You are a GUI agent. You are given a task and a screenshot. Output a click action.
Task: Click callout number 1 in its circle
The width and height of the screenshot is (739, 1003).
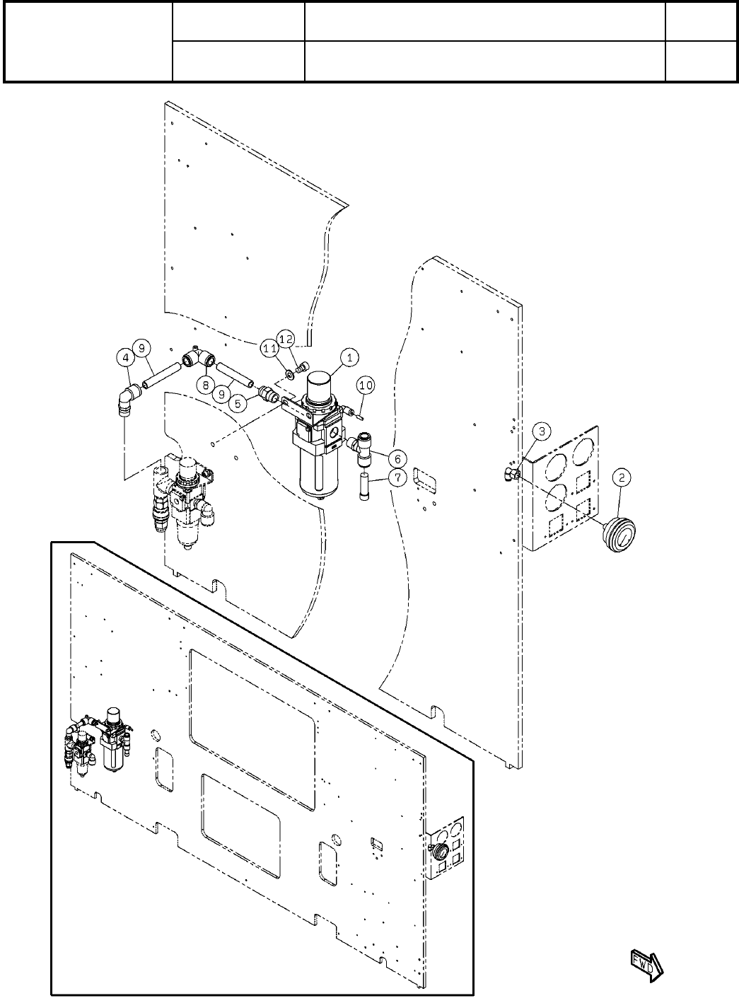click(x=348, y=359)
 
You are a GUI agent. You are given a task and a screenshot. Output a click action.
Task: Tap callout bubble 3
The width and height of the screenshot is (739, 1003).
click(x=541, y=430)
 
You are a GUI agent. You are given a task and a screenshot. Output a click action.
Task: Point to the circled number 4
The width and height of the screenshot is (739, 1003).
click(x=125, y=359)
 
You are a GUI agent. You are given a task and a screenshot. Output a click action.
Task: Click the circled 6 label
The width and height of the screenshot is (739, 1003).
click(x=397, y=458)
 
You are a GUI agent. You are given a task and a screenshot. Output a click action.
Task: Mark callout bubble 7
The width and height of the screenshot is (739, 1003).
click(x=397, y=479)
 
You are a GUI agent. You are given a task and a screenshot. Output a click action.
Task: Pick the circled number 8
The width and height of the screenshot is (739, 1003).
click(x=206, y=385)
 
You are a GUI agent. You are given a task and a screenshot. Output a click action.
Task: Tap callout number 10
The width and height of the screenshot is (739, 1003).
click(x=366, y=385)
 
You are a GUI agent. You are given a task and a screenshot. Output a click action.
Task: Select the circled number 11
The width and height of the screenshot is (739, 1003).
click(x=270, y=347)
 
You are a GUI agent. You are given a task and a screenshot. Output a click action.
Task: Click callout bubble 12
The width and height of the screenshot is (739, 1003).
click(x=286, y=339)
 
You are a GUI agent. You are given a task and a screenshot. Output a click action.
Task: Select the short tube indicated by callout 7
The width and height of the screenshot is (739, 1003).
click(x=366, y=488)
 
